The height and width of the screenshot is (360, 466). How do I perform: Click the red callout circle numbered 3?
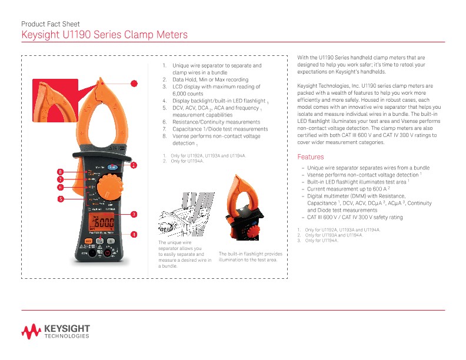click(134, 214)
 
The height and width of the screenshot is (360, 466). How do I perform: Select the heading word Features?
click(311, 157)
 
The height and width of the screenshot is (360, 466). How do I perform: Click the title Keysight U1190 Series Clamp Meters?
click(104, 35)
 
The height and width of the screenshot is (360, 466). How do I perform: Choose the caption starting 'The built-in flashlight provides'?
click(251, 256)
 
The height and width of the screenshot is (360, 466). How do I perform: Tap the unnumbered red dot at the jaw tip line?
click(134, 84)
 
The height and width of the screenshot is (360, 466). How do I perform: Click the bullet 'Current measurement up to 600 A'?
click(349, 189)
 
